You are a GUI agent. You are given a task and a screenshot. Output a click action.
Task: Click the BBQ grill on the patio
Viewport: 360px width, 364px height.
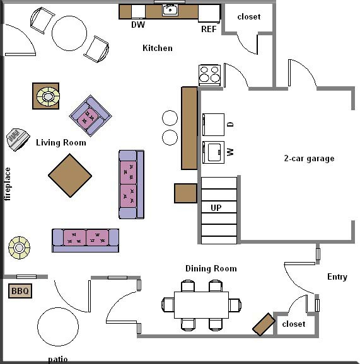[20, 291]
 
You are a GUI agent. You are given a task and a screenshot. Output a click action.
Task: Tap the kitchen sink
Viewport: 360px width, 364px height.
[170, 10]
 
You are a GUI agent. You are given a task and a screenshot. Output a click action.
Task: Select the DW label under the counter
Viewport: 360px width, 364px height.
[138, 25]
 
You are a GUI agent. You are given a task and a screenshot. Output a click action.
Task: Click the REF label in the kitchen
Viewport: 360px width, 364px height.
[209, 29]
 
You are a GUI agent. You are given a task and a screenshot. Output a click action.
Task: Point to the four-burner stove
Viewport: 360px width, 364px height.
[209, 75]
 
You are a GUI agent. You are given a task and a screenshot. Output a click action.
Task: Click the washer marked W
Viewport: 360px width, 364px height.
[213, 152]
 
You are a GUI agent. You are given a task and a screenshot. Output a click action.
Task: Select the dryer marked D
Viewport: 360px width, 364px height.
[213, 125]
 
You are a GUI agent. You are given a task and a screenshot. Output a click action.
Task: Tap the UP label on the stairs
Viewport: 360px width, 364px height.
[216, 208]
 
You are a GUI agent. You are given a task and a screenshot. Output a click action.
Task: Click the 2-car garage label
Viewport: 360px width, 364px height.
[309, 159]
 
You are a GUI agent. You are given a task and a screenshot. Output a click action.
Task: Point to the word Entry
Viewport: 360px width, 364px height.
[337, 276]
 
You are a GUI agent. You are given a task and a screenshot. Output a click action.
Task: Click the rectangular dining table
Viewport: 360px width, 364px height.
[201, 305]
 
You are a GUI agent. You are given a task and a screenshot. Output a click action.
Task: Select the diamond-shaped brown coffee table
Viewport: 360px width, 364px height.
[70, 176]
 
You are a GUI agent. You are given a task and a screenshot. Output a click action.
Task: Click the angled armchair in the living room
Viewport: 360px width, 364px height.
[90, 116]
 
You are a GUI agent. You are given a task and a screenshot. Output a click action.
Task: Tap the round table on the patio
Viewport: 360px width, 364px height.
[58, 327]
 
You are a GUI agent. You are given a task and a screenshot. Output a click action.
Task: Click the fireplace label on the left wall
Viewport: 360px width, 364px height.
[8, 184]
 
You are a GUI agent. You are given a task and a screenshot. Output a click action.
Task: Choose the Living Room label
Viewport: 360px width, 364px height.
[61, 142]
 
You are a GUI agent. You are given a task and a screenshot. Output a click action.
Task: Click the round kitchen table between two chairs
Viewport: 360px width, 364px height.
[69, 33]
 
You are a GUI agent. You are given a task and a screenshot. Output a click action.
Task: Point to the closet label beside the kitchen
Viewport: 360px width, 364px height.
[249, 17]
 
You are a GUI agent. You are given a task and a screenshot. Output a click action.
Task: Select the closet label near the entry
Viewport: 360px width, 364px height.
[294, 324]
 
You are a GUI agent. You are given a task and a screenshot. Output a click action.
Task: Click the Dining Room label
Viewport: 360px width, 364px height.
[211, 268]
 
